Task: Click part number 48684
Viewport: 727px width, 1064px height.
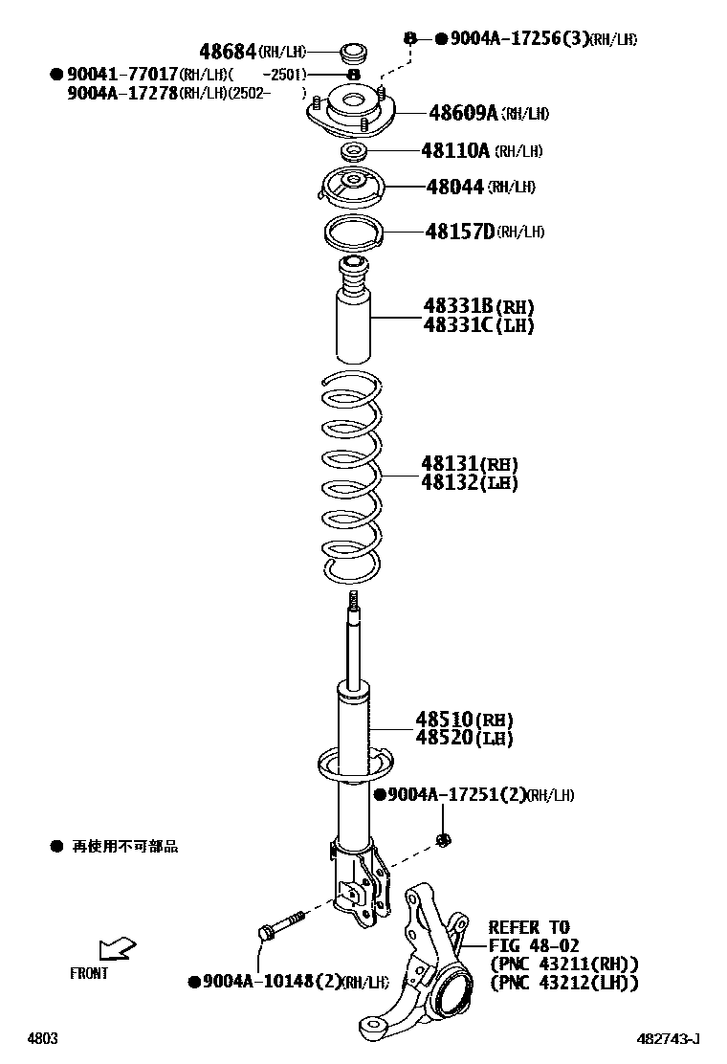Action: pos(228,51)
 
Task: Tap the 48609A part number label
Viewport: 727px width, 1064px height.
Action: pos(463,114)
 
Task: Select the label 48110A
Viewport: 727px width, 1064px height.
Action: pos(455,150)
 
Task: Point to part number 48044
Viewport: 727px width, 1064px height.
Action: pos(454,187)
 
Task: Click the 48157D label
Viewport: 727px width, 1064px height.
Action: pos(459,232)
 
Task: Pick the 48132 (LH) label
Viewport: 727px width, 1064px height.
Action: pos(469,483)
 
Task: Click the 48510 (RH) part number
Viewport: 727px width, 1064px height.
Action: pos(463,720)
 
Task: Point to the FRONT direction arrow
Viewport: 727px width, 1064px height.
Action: pos(118,948)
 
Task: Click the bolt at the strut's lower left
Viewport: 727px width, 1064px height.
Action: pos(277,926)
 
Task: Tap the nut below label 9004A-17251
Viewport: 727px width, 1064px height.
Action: pos(443,840)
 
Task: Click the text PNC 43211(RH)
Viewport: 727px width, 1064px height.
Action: pos(563,964)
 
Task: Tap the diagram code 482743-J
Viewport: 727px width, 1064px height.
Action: pos(670,1038)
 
